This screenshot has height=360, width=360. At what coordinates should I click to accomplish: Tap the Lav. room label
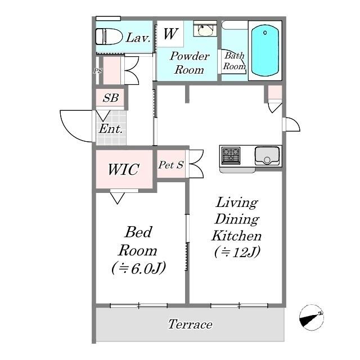click(x=137, y=38)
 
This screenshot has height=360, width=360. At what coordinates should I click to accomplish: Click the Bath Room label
click(x=235, y=61)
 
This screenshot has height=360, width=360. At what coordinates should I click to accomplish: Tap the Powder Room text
click(x=189, y=63)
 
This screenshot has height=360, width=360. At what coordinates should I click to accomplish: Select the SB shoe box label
click(x=110, y=98)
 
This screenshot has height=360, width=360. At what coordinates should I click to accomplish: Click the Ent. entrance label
click(x=111, y=129)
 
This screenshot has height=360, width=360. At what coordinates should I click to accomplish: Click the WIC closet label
click(x=123, y=169)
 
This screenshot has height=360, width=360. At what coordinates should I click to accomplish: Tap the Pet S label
click(x=171, y=165)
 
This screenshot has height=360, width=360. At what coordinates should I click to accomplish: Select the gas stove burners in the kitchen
click(x=231, y=155)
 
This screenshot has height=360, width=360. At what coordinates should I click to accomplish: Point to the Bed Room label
click(x=138, y=241)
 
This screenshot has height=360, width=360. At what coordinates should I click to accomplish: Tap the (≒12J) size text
click(x=236, y=252)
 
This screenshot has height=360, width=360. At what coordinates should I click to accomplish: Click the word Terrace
click(x=190, y=325)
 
